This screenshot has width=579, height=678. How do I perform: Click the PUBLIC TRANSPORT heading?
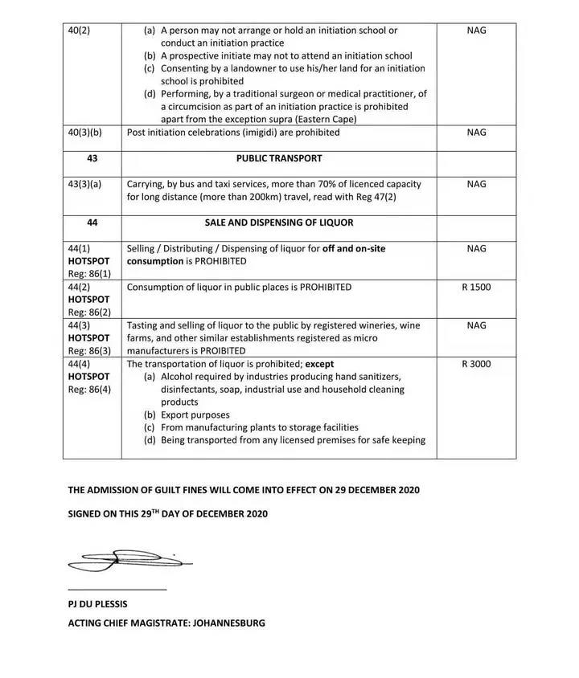point(279,158)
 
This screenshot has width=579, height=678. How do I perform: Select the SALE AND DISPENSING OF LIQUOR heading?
point(279,223)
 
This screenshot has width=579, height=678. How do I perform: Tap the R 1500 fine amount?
point(476,287)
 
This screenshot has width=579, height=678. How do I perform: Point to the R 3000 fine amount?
point(476,364)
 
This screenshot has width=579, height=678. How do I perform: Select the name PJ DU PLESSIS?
point(97,604)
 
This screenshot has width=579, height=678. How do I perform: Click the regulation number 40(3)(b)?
point(85,133)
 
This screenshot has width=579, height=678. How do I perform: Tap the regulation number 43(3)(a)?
point(85,184)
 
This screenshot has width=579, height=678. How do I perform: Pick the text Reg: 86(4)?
point(90,390)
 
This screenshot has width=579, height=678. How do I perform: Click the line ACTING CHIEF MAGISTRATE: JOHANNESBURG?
point(166,623)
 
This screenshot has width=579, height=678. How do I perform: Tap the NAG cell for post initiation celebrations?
point(476,133)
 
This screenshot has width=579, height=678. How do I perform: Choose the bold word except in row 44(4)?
point(319,364)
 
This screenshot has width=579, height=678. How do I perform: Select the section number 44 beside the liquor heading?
point(92,223)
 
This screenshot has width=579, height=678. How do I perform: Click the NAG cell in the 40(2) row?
point(476,31)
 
